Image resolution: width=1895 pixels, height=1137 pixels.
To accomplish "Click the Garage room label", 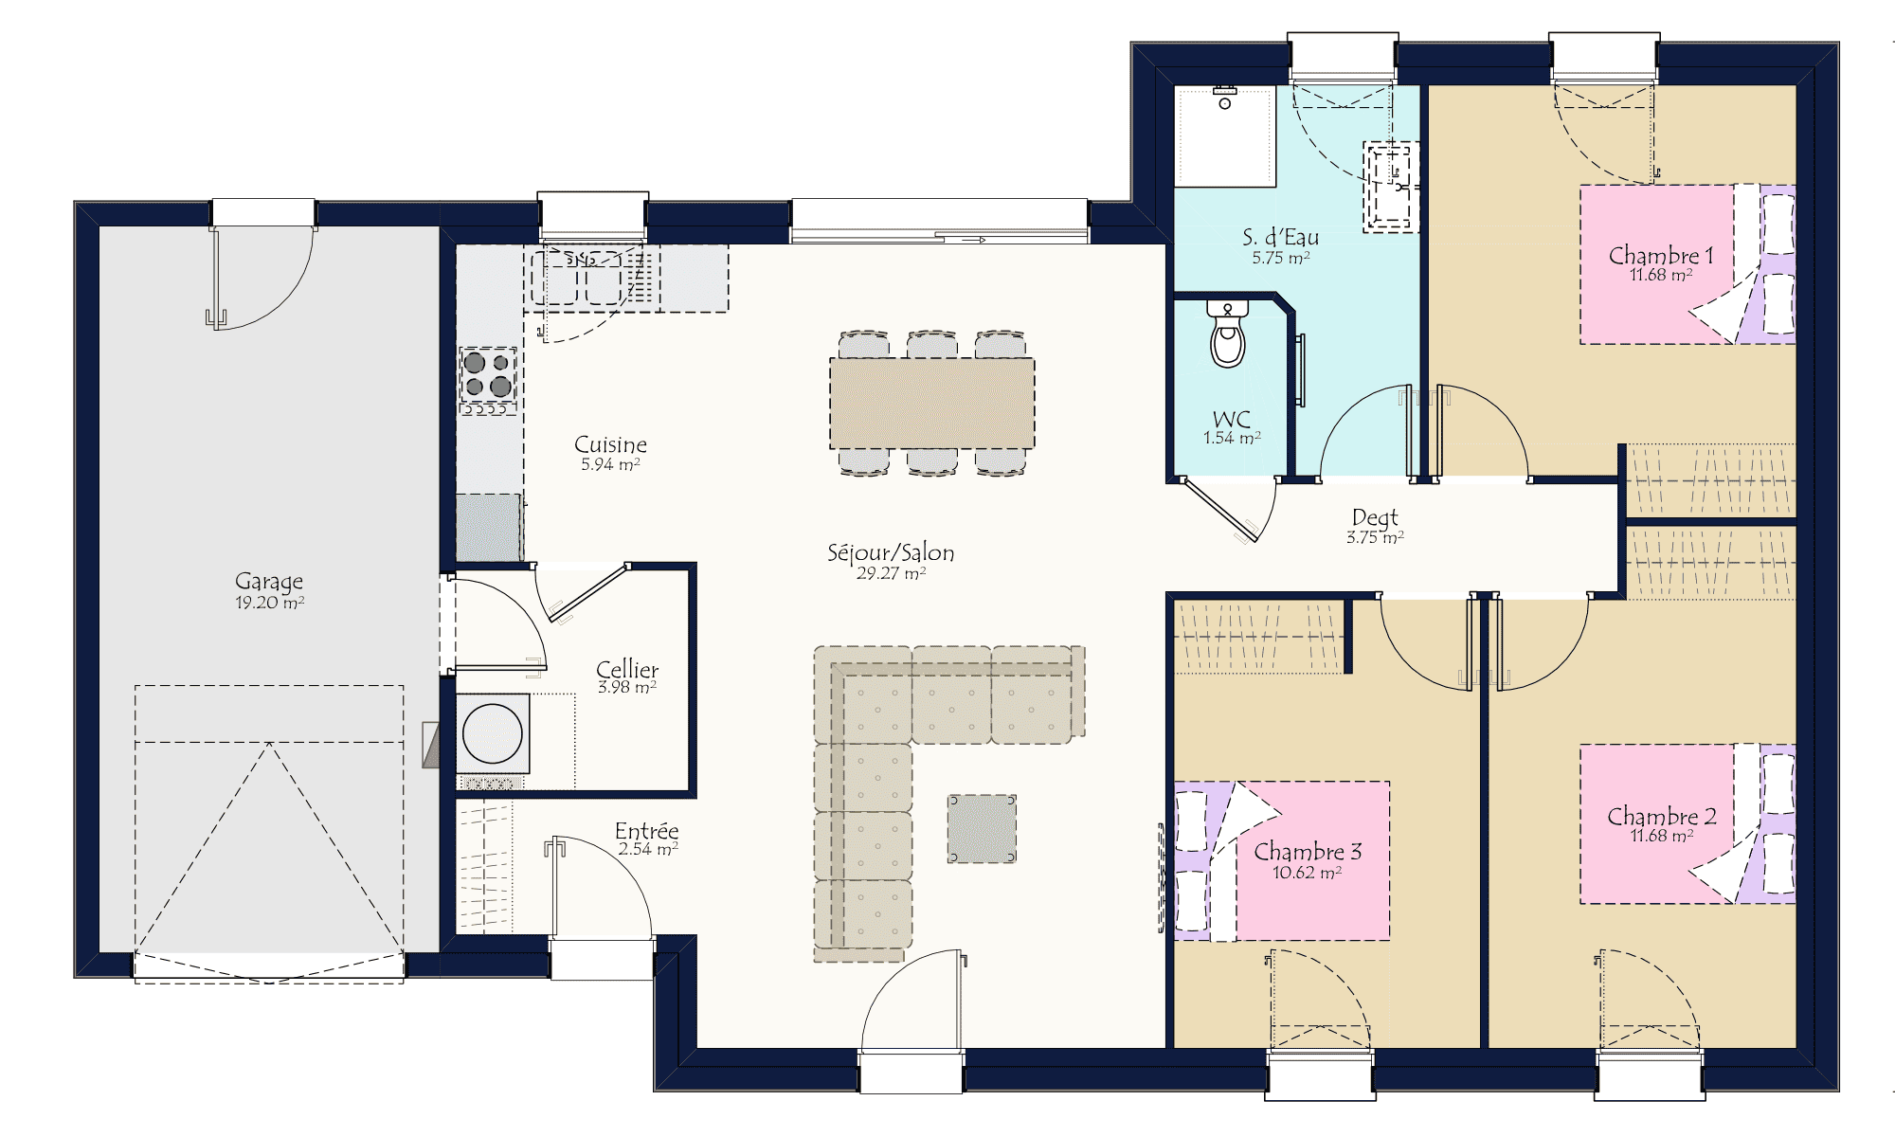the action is coord(269,580).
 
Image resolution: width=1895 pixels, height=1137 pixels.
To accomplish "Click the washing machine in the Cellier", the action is coord(493,733).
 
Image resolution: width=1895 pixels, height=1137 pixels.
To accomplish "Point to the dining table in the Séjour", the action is coord(932,403).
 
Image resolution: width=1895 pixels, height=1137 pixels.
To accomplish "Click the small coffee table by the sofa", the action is coord(982,829).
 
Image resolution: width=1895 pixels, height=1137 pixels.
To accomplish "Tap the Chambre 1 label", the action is coord(1661,255).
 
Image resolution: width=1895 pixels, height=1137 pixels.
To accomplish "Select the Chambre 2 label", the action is coord(1661,816).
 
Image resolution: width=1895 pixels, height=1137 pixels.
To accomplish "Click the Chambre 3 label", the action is coord(1308,851).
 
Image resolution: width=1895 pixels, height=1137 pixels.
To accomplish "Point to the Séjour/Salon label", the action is coord(891,552).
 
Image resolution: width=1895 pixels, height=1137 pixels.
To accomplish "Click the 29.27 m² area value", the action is coord(891,573).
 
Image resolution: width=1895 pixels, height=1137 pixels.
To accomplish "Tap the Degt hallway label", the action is coord(1375,517).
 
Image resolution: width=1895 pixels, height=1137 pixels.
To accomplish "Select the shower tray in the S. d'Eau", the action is coord(1225,136).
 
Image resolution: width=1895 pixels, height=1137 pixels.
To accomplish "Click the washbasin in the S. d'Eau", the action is coord(1391,186).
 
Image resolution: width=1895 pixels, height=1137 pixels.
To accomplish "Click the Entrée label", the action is coord(647,830).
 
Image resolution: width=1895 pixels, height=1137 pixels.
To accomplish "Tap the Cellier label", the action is coord(627,669).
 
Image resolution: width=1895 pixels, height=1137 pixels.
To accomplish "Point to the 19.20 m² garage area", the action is coord(269,603).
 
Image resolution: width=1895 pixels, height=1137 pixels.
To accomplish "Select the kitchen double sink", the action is coord(577,277).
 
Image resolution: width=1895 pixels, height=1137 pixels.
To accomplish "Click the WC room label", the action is coord(1232,419).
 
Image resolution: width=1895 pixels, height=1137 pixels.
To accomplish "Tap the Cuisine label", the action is coord(610,444).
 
